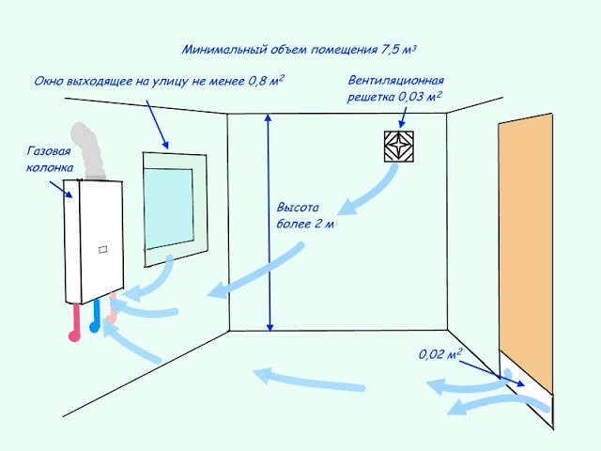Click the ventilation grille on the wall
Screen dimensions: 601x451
(398, 147)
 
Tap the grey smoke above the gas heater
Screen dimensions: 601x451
(88, 151)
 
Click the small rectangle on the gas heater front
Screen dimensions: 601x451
(103, 250)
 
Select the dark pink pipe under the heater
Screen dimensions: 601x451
(75, 322)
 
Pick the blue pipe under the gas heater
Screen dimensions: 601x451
(95, 316)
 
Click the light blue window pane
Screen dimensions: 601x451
(169, 209)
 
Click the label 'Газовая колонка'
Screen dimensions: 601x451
(50, 159)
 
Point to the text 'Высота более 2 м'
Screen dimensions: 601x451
(305, 215)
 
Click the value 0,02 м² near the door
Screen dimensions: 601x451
(440, 353)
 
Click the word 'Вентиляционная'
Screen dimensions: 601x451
(396, 81)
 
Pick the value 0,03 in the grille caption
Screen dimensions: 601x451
(409, 97)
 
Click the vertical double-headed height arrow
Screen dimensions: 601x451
(269, 223)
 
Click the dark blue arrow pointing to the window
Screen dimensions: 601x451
(157, 124)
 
